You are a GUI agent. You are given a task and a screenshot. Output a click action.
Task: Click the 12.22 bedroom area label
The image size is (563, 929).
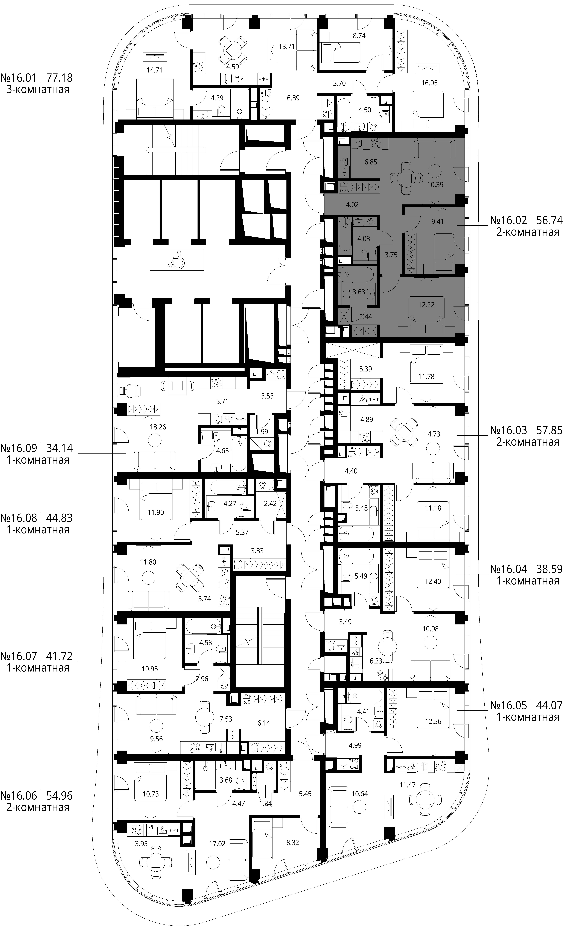coord(426,305)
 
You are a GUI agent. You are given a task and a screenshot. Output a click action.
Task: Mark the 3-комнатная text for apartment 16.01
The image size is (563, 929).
coord(38,90)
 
